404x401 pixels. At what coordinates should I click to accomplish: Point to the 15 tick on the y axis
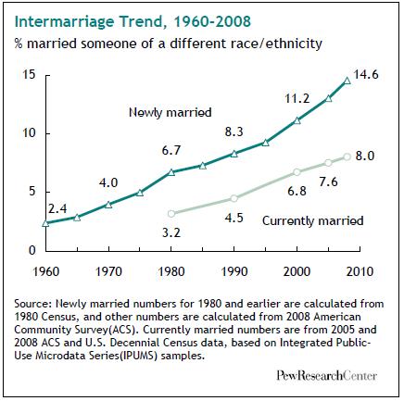coord(29,75)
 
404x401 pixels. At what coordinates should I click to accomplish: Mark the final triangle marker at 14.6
coord(347,81)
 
